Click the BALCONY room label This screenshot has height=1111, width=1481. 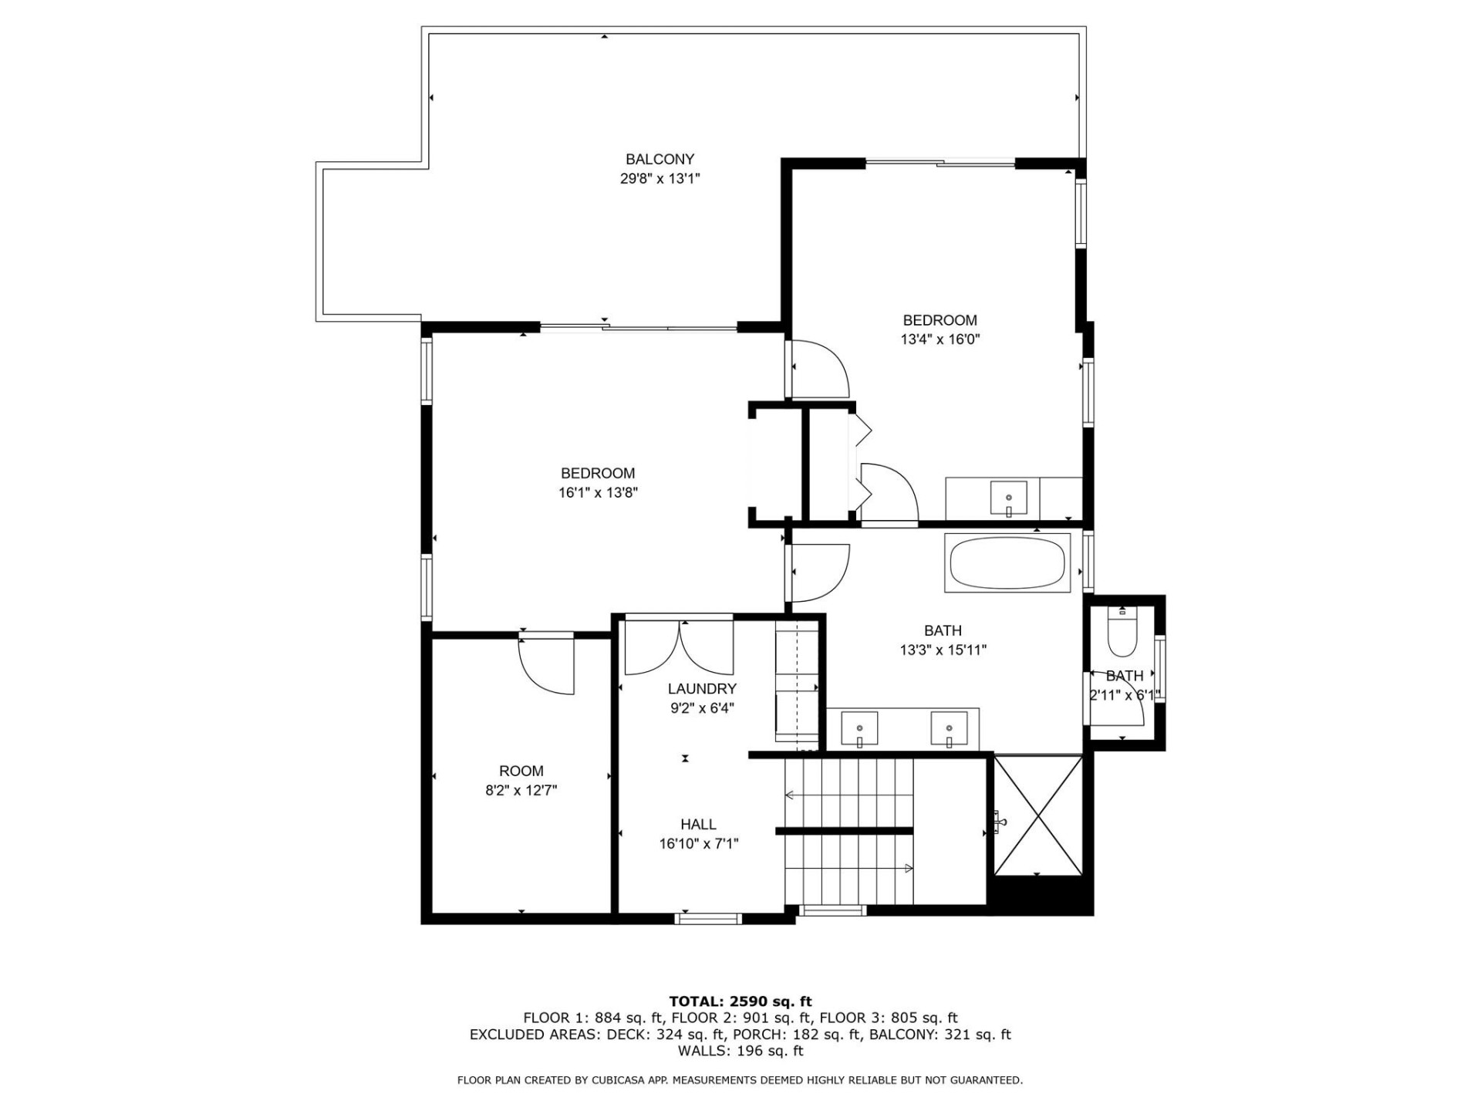(660, 160)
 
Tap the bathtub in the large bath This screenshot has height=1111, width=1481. (1007, 563)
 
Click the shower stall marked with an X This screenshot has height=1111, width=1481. (1038, 815)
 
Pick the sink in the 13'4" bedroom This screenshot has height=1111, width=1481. (1008, 498)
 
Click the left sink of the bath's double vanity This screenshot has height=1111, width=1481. (859, 728)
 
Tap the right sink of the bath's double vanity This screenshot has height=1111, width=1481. (949, 728)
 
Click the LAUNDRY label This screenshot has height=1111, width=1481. (702, 689)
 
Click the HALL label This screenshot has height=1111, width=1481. (698, 825)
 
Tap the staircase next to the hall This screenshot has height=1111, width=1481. (848, 832)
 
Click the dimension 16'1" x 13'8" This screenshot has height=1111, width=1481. (598, 492)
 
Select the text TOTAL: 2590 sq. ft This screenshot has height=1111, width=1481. (740, 1001)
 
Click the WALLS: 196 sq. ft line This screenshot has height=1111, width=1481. (740, 1051)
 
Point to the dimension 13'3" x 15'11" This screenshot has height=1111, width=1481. (943, 650)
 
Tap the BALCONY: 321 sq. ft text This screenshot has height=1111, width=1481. (940, 1035)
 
